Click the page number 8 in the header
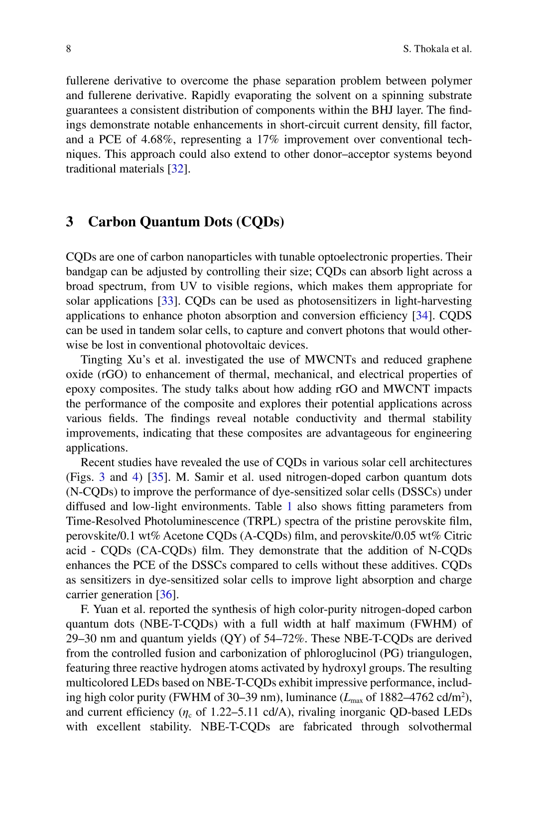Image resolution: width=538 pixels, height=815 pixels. [68, 49]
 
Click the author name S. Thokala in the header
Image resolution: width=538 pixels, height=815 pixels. [426, 49]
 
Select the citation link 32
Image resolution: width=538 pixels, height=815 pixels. [177, 169]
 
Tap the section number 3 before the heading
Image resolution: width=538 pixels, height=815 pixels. [70, 222]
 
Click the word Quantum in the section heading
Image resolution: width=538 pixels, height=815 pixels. [169, 222]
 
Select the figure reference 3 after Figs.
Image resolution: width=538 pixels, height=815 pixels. [102, 477]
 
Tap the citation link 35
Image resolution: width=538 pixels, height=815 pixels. [157, 477]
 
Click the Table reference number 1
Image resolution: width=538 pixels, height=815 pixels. [289, 507]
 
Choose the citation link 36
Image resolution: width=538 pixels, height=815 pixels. [166, 595]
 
